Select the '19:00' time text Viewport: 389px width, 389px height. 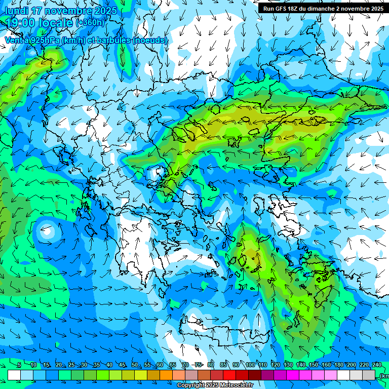pos(20,22)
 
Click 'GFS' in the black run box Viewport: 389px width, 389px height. pos(284,8)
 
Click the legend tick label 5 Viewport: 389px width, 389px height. pos(19,365)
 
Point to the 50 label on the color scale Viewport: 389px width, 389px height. pos(134,365)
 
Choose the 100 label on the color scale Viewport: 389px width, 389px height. pos(250,365)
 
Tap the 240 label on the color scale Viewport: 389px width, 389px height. pos(377,365)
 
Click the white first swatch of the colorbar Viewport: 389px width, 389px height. pos(14,375)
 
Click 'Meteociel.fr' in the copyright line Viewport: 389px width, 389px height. pos(236,385)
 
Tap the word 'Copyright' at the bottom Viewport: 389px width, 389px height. pos(190,385)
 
